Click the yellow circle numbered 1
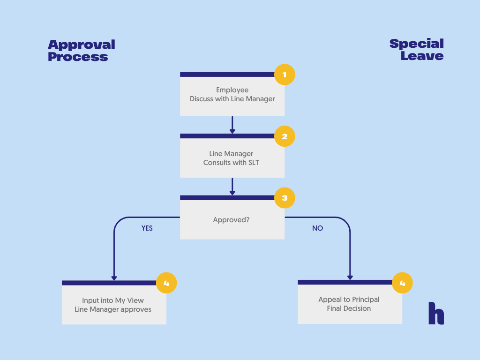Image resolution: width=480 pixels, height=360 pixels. (x=285, y=75)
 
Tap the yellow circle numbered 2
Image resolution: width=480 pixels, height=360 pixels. (x=285, y=136)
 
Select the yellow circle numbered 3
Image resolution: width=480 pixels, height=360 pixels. (x=285, y=198)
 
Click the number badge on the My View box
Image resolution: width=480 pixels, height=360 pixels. (x=166, y=283)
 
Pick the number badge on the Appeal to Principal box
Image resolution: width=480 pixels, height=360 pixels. (x=402, y=283)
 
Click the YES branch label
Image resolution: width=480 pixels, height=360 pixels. (x=147, y=228)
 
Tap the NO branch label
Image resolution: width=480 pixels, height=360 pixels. (x=317, y=228)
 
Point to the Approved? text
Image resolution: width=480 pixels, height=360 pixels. (x=232, y=219)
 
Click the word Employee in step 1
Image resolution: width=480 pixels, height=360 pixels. (x=232, y=90)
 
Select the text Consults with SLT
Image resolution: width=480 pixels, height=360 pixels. (x=231, y=163)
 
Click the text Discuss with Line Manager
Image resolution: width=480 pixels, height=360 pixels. (x=232, y=99)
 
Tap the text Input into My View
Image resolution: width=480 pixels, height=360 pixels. (x=113, y=300)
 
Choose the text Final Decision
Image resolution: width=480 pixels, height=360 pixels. (x=349, y=308)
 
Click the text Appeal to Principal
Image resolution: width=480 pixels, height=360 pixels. (x=349, y=300)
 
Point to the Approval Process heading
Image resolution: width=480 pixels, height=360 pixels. (x=81, y=51)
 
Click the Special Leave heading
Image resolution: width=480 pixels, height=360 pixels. (x=416, y=50)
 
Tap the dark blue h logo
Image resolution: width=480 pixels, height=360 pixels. (x=436, y=313)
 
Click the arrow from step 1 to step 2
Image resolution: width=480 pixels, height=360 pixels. (x=232, y=125)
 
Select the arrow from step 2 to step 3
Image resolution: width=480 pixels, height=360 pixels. (x=232, y=187)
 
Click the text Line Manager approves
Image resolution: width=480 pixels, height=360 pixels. (x=113, y=309)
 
